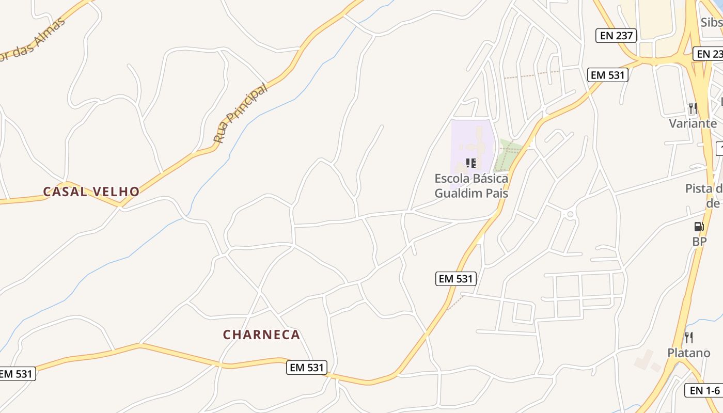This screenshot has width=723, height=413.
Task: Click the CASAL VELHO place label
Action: pos(91,192)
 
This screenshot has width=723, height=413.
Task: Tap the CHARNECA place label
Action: pos(261,335)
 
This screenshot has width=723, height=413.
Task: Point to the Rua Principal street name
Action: pos(242,113)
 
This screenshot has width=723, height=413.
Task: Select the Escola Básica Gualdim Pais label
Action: pos(471,186)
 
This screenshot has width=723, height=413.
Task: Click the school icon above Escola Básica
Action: pos(470,163)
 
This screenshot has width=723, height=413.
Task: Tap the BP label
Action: pos(699,241)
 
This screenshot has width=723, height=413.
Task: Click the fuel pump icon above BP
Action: pos(699,227)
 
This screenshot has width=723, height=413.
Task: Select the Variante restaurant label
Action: pos(693,123)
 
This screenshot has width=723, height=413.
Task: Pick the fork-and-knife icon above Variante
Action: pos(693,108)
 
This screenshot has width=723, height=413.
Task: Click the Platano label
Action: pos(688,353)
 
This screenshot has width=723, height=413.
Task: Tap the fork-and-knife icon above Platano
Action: pos(688,338)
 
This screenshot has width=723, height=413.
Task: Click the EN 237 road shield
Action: pos(616,35)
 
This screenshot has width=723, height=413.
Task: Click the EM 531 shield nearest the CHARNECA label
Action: pos(307,368)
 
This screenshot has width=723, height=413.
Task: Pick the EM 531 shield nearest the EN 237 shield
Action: pos(608,75)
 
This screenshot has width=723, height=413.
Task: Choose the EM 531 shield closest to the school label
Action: pos(455,279)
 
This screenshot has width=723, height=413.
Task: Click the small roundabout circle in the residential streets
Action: pos(570,214)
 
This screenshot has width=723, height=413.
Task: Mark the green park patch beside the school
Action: pos(506,154)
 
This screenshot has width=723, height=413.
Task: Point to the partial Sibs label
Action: pos(712,22)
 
